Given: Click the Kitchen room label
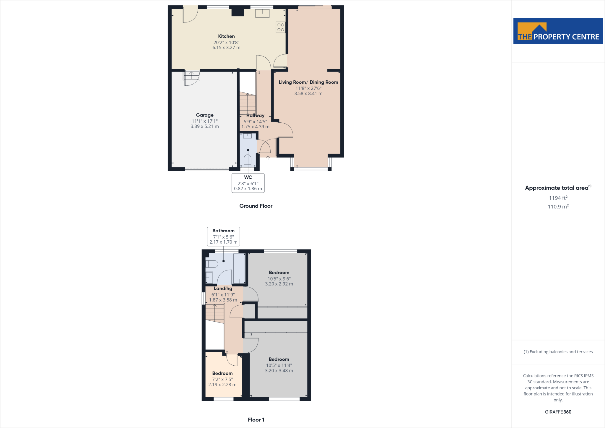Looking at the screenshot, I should click(x=226, y=36).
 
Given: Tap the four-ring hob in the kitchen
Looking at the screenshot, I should click(x=281, y=27).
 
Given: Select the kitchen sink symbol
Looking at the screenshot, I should click(x=262, y=14).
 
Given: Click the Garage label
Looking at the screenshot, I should click(x=205, y=115).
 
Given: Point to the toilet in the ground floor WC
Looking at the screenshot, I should click(x=248, y=160).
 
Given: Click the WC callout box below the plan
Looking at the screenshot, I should click(x=248, y=183).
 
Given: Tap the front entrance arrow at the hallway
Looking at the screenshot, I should click(x=268, y=158).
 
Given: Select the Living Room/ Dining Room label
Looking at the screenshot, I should click(x=308, y=82).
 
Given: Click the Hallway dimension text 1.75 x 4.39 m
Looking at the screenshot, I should click(x=255, y=127).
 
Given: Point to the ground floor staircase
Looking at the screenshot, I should click(x=248, y=103).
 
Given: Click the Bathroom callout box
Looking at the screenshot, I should click(x=223, y=236).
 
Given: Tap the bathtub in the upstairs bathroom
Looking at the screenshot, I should click(x=239, y=268).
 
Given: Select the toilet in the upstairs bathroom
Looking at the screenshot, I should click(x=212, y=264).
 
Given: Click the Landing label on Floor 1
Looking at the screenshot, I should click(x=223, y=288).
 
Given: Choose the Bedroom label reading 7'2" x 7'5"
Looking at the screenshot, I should click(x=222, y=373).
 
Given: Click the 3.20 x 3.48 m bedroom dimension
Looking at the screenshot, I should click(x=279, y=371).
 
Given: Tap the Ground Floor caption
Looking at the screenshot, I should click(x=256, y=206).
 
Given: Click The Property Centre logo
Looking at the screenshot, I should click(x=558, y=31).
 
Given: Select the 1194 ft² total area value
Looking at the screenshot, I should click(x=558, y=198).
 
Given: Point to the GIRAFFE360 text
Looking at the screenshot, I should click(x=558, y=412).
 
